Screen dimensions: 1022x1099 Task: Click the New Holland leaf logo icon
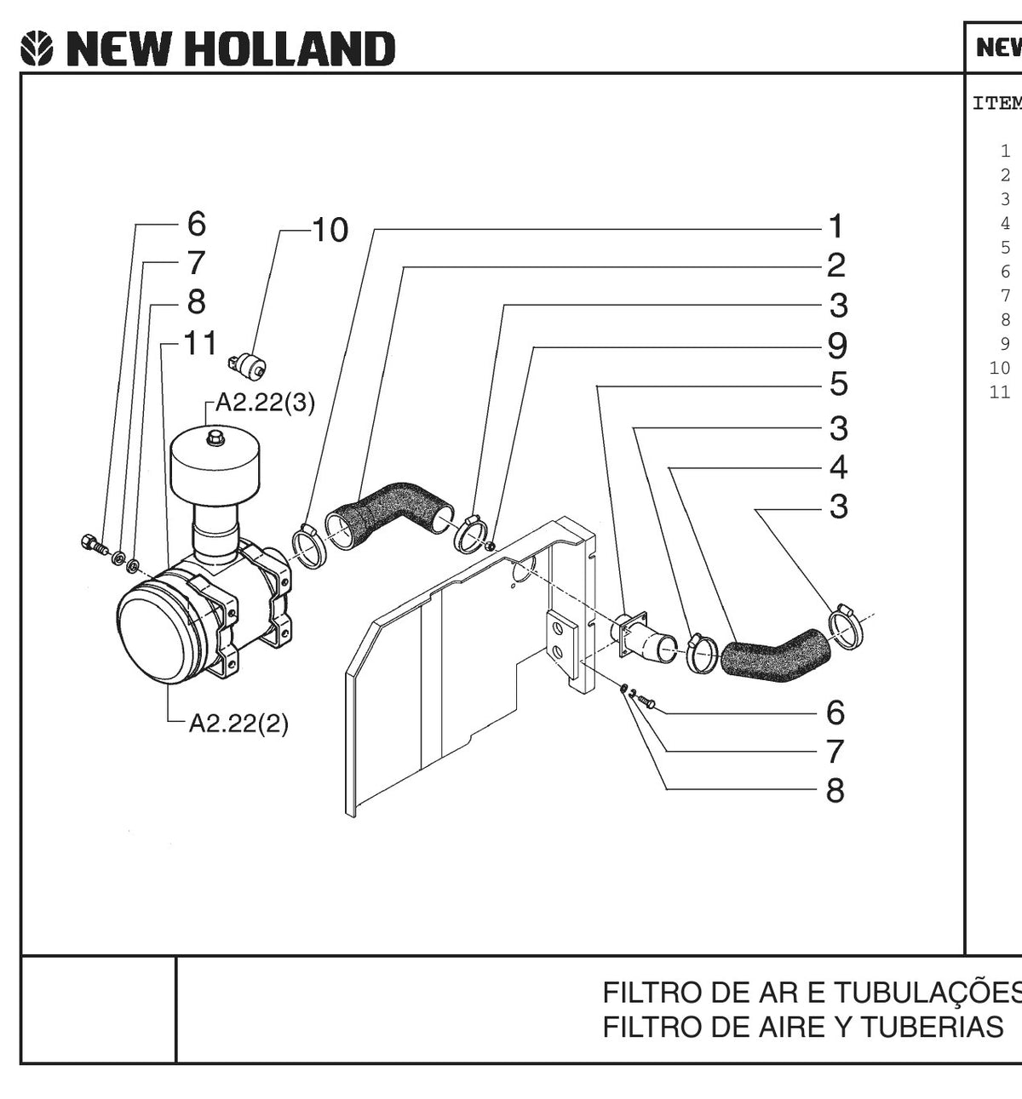coord(37,49)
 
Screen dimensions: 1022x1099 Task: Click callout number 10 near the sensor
coord(330,230)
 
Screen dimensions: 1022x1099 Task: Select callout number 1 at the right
coord(836,226)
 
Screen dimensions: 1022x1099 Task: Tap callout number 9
coord(837,346)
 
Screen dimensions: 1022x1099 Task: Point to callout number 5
coord(839,383)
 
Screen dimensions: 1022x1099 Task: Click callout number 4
coord(838,467)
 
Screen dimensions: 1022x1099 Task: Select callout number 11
coord(200,343)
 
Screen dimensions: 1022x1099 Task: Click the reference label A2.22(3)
coord(265,403)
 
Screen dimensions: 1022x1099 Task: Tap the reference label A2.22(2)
coord(238,724)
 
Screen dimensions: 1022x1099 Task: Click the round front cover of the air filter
coord(158,632)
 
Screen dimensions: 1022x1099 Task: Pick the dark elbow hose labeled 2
coord(393,508)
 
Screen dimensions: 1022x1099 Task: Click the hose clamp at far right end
coord(846,627)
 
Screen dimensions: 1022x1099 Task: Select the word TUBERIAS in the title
coord(933,1027)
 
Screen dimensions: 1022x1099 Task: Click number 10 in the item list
coord(999,368)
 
